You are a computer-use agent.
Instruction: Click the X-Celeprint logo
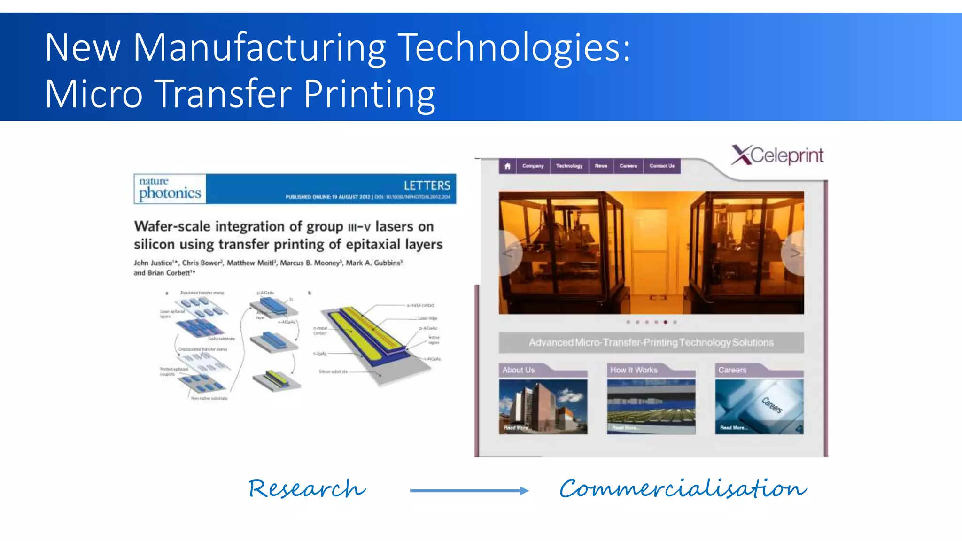pos(777,155)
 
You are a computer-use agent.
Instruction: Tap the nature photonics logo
pos(170,189)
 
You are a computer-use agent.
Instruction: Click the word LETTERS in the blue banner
pos(427,185)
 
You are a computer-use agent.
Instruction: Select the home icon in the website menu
pos(507,166)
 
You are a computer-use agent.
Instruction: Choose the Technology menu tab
pos(569,166)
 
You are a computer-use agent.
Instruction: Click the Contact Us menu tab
pos(661,166)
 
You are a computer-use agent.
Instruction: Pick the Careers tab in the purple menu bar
pos(628,166)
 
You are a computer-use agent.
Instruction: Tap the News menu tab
pos(601,166)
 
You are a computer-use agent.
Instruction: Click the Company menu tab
pos(533,166)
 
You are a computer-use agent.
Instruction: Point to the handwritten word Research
pos(307,489)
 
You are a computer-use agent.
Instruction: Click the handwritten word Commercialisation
pos(683,489)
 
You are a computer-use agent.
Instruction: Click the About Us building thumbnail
pos(543,407)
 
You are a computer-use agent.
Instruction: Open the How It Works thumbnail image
pos(651,407)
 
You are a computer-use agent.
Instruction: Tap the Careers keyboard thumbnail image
pos(759,407)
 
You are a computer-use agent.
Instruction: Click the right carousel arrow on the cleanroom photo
pos(794,254)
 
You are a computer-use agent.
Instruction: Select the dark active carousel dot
pos(665,322)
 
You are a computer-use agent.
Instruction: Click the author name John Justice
pos(153,263)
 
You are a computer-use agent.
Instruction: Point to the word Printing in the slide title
pos(369,94)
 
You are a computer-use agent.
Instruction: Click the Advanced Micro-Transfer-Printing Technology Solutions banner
pos(651,343)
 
